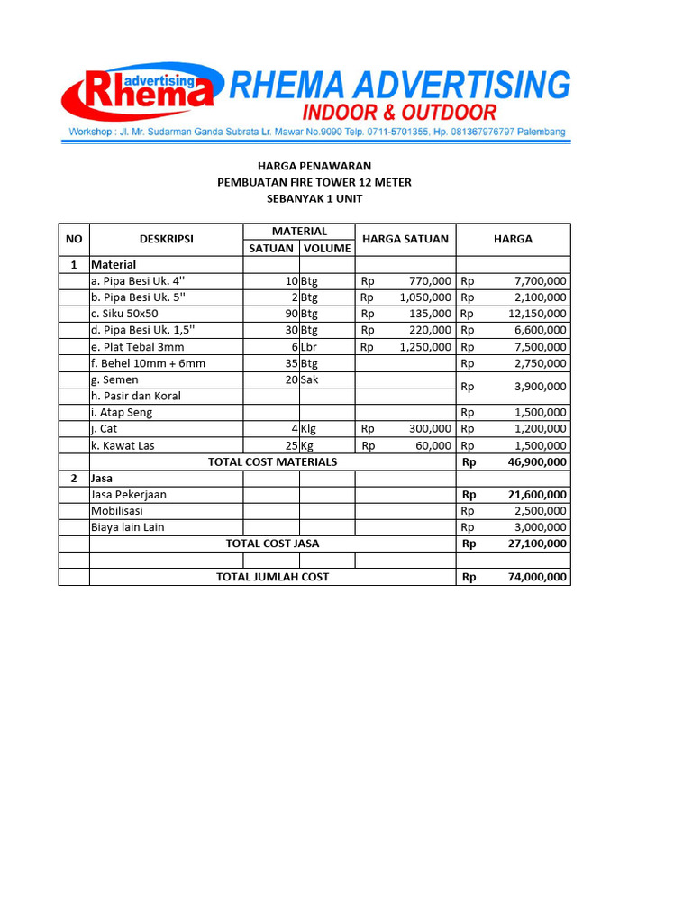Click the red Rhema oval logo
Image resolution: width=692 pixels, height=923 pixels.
[x=140, y=92]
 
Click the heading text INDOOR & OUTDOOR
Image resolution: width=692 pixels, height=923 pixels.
[x=399, y=113]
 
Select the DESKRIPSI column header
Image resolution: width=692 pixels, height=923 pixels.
[x=166, y=239]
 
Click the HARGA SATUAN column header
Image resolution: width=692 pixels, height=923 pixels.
[x=405, y=239]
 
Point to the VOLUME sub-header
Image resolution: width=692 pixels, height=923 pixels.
[x=326, y=248]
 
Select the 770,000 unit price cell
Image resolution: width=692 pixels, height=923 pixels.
[x=428, y=281]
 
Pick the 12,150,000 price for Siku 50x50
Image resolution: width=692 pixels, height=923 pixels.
[x=537, y=314]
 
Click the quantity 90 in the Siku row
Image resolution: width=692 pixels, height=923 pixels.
[x=290, y=314]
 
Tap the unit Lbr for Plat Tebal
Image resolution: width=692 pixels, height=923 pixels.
[x=310, y=347]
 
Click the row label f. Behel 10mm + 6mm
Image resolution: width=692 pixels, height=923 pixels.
[x=148, y=363]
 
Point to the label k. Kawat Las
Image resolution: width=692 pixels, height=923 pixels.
[x=123, y=445]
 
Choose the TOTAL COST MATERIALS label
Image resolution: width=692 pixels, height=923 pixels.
[x=272, y=461]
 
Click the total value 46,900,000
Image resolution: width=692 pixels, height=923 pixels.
[x=535, y=461]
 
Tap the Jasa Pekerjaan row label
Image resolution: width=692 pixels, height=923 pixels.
[x=129, y=495]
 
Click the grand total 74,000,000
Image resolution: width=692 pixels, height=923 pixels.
[x=535, y=577]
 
